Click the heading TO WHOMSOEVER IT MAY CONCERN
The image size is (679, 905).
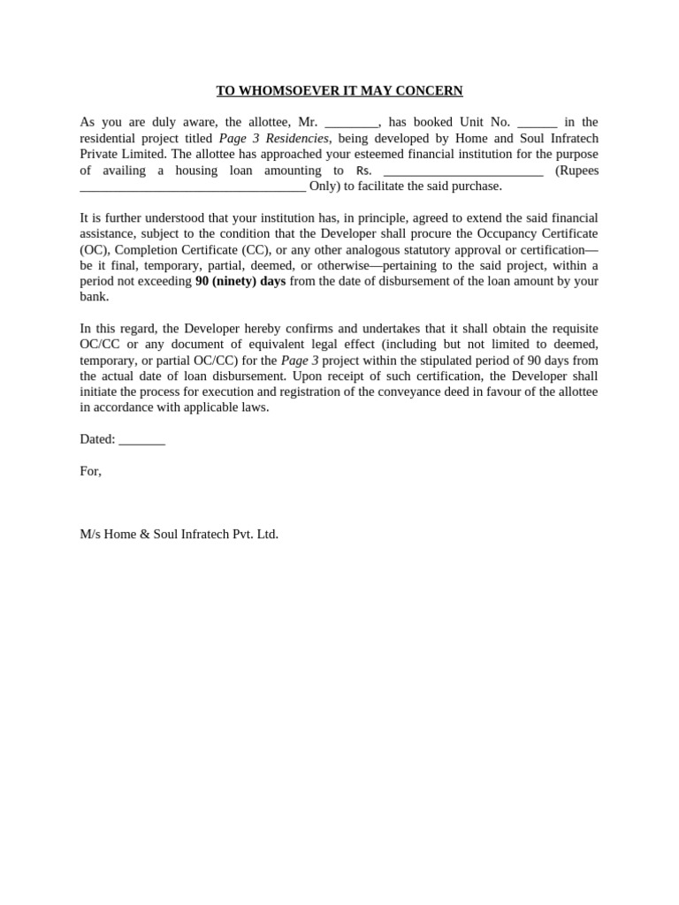(x=339, y=91)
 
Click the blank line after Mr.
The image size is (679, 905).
(x=351, y=123)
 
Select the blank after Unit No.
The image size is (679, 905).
(x=537, y=123)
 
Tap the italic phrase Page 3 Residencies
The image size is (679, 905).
(x=274, y=139)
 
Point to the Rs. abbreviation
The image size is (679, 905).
(x=364, y=171)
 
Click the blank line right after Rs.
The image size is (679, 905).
(x=463, y=171)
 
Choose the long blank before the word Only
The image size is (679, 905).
(x=193, y=186)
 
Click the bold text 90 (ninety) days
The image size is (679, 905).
(x=240, y=281)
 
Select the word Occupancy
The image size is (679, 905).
(x=481, y=233)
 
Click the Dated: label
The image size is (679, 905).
(x=97, y=439)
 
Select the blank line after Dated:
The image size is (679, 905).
(x=141, y=440)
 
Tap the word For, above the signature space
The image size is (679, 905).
(x=90, y=471)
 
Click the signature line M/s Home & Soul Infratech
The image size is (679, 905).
(x=179, y=534)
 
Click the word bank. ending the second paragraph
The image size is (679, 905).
(x=94, y=297)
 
